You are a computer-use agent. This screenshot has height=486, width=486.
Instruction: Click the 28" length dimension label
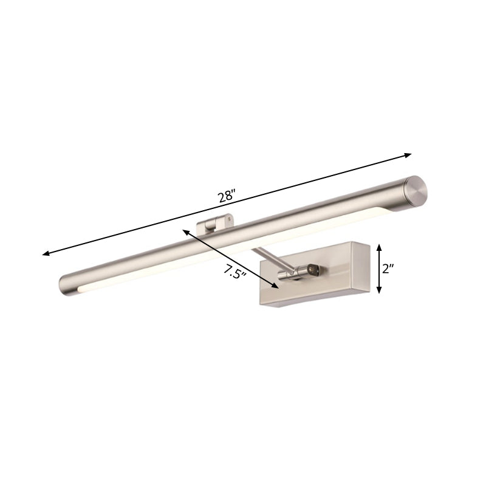click(226, 196)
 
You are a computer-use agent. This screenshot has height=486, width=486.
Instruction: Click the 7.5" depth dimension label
click(234, 272)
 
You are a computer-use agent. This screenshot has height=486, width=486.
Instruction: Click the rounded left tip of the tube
click(66, 284)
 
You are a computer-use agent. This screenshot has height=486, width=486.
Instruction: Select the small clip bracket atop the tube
click(216, 224)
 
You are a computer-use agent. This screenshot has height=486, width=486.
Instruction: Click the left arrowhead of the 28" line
click(45, 254)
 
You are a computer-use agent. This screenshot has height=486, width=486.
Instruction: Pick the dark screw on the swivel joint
click(314, 267)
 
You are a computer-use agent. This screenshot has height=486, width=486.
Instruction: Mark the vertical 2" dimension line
click(380, 269)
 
